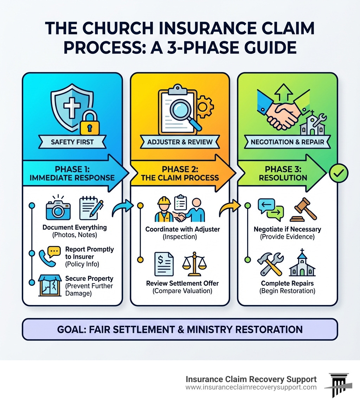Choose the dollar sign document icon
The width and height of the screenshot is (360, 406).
coord(164,266)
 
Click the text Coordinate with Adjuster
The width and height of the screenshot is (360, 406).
coord(182,229)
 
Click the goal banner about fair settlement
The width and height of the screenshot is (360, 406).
coord(180,329)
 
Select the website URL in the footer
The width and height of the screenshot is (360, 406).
coord(251,387)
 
